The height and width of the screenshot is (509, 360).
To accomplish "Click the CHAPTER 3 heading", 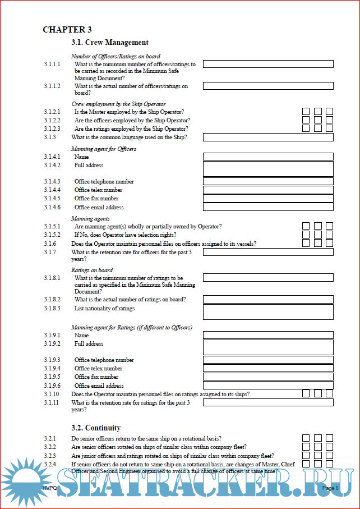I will pyautogui.click(x=67, y=30).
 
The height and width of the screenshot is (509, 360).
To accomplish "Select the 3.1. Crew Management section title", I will pyautogui.click(x=110, y=42).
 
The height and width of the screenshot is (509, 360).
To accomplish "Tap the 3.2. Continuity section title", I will pyautogui.click(x=96, y=428).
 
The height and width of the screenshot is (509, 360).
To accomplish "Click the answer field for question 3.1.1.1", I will pyautogui.click(x=268, y=64).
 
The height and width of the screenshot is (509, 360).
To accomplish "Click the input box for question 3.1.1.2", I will pyautogui.click(x=268, y=86).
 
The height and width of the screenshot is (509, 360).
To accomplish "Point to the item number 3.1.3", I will pyautogui.click(x=50, y=137).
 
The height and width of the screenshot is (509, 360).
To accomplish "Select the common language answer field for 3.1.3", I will pyautogui.click(x=268, y=137).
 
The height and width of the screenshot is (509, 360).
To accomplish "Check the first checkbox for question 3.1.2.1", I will pyautogui.click(x=306, y=112).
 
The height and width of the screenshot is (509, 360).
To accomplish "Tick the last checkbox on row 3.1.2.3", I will pyautogui.click(x=330, y=129).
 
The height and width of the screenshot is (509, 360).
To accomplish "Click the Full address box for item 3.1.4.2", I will pyautogui.click(x=268, y=168).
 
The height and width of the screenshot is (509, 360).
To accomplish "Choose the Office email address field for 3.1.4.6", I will pyautogui.click(x=268, y=207).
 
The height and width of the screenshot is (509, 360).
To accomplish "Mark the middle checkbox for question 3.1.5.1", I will pyautogui.click(x=318, y=226).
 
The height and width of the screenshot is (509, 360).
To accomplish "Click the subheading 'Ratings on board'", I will pyautogui.click(x=92, y=270).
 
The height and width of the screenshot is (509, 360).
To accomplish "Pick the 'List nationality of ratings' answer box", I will pyautogui.click(x=268, y=311).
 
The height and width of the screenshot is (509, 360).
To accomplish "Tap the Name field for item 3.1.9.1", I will pyautogui.click(x=268, y=335).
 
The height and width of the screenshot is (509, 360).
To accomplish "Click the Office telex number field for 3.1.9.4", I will pyautogui.click(x=268, y=368).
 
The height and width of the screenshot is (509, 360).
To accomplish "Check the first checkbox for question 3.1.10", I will pyautogui.click(x=306, y=393).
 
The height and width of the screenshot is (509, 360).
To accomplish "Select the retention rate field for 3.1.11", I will pyautogui.click(x=268, y=402).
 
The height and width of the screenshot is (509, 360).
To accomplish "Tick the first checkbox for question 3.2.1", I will pyautogui.click(x=306, y=438).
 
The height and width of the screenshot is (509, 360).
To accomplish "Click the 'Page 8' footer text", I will pyautogui.click(x=330, y=488).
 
